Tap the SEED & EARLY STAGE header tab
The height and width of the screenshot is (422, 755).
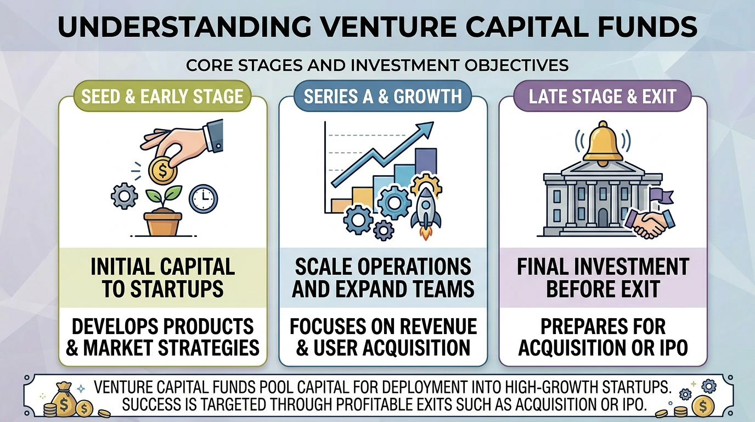(x=162, y=97)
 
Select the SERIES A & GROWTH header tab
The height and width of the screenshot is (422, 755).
(x=382, y=97)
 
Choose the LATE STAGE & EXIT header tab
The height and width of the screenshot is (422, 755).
(x=602, y=97)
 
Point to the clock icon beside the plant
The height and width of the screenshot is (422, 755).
(x=203, y=198)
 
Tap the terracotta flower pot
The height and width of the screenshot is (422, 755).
(x=163, y=223)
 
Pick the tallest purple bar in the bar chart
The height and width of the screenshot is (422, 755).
(x=426, y=163)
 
